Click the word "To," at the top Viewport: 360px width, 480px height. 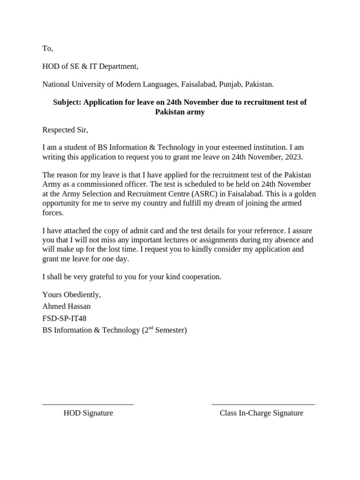[x=48, y=48]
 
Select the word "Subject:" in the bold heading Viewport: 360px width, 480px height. [x=67, y=102]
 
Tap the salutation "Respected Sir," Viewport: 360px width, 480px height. [x=65, y=130]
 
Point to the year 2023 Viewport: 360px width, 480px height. [x=293, y=157]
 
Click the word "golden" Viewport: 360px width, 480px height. [x=305, y=194]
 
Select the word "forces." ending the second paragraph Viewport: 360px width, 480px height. [x=52, y=212]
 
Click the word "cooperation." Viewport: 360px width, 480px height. [x=200, y=277]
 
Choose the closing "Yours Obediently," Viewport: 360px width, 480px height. [x=72, y=295]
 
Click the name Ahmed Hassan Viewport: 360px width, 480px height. [x=67, y=307]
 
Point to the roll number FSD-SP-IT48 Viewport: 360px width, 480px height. [x=64, y=318]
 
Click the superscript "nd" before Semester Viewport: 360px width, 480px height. [x=150, y=328]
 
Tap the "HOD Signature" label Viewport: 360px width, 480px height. [x=88, y=413]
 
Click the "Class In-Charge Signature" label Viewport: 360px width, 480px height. [x=261, y=413]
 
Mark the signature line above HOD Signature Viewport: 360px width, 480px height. [x=88, y=404]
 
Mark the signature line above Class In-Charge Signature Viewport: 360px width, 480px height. [x=263, y=404]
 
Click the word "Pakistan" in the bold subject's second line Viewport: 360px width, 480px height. [x=170, y=112]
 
